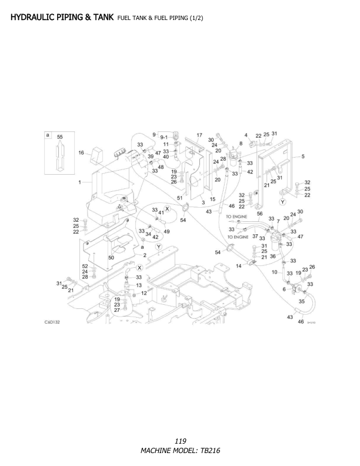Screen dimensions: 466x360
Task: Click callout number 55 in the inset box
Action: pyautogui.click(x=59, y=137)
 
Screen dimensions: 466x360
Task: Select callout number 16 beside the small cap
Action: pyautogui.click(x=82, y=152)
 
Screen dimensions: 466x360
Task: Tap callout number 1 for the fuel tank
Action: pyautogui.click(x=79, y=182)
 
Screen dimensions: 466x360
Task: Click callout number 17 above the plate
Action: pyautogui.click(x=199, y=135)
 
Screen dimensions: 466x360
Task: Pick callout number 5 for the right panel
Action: pyautogui.click(x=302, y=156)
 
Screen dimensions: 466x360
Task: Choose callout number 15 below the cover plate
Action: pyautogui.click(x=212, y=199)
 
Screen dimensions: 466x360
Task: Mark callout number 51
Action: pyautogui.click(x=179, y=198)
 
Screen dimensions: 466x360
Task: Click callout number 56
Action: pyautogui.click(x=259, y=214)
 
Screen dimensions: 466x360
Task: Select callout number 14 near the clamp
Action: pyautogui.click(x=238, y=267)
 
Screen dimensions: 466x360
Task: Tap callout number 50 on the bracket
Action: pyautogui.click(x=111, y=258)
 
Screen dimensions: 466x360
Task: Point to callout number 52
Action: pyautogui.click(x=85, y=266)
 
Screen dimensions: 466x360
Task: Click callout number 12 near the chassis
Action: pyautogui.click(x=144, y=292)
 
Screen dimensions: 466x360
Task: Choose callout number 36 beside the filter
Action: pyautogui.click(x=272, y=256)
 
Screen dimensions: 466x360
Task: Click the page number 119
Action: pyautogui.click(x=180, y=440)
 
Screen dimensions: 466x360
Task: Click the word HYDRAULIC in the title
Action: pyautogui.click(x=33, y=18)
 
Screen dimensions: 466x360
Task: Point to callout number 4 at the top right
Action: pyautogui.click(x=246, y=135)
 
